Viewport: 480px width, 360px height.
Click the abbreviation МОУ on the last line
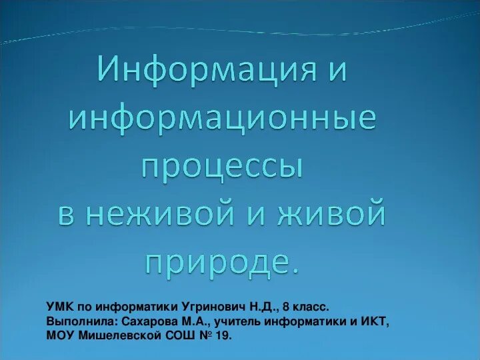[x=61, y=336]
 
